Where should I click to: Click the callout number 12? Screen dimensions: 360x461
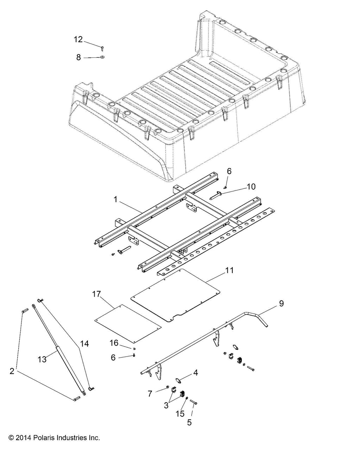78,39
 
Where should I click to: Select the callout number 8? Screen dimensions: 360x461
79,57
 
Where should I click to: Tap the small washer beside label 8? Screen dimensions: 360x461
102,57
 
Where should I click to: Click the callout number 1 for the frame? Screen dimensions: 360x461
115,200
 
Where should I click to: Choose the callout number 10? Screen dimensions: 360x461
251,187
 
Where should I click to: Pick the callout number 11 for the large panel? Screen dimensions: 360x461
230,270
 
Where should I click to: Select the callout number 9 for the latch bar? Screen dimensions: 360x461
281,303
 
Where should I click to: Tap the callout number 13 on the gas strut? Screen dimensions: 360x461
42,359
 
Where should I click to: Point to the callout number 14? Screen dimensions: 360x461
84,343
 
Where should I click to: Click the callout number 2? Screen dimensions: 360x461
12,371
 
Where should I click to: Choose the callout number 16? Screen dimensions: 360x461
114,343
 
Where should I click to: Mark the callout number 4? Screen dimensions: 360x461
195,372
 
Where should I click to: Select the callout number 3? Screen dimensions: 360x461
166,405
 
